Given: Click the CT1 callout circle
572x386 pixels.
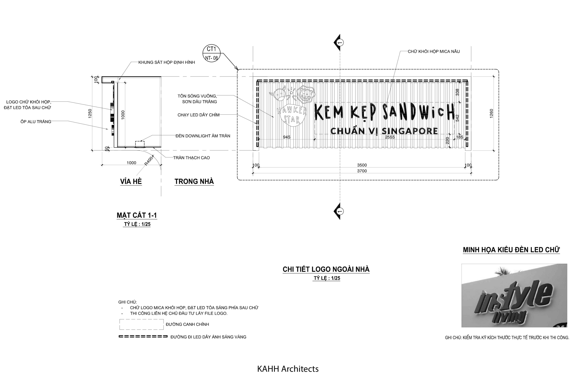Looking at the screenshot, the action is coord(211,53).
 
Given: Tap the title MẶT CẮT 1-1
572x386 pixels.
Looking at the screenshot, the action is coord(137,215).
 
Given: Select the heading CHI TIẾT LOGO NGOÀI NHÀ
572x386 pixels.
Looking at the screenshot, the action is coord(326,269).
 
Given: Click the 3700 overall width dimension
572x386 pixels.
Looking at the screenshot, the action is coord(362,171).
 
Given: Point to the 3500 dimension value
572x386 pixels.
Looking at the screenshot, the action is coord(362,165).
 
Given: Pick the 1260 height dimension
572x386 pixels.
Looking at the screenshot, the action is coord(491,114).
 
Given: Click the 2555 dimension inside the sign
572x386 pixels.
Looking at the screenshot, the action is coord(390,137).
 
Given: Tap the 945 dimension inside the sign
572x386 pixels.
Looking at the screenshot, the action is coord(287,137).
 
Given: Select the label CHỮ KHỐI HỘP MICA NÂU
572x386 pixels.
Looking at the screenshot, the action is coord(434,51).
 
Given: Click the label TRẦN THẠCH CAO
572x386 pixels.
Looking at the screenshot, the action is coord(191,158).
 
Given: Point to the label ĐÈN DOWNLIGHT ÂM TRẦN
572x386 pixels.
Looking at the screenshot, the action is coord(203,136).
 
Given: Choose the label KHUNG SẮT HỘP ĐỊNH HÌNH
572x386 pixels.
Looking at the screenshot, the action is coord(167,62).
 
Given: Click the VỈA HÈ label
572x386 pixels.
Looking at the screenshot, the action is coord(131,182).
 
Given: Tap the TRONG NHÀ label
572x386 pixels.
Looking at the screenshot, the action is coord(194,182).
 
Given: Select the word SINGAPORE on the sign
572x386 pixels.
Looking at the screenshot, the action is coord(410,131).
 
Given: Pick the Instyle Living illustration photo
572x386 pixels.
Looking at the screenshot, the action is coord(514,295).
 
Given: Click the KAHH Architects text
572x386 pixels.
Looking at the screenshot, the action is coord(288,369).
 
